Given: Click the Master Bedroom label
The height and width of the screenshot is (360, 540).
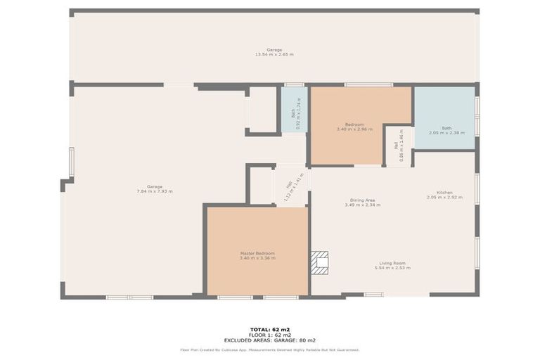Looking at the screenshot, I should [x=257, y=253].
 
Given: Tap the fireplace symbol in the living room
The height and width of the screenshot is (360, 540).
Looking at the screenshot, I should [x=321, y=263].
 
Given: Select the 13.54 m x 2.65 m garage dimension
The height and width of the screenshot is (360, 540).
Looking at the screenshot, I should [x=274, y=55].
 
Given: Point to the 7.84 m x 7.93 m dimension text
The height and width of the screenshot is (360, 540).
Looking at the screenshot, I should [x=155, y=191].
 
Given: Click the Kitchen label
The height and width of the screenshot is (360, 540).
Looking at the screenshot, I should [x=444, y=193].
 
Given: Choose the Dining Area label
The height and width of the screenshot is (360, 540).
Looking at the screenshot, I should [x=363, y=200].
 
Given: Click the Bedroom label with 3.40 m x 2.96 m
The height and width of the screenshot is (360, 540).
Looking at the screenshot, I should [x=354, y=124].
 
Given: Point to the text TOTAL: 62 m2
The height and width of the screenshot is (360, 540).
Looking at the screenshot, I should [x=270, y=329].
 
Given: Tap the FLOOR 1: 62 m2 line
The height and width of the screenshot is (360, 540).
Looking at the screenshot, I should [x=270, y=334].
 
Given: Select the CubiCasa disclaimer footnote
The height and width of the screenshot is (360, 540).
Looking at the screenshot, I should [x=270, y=349].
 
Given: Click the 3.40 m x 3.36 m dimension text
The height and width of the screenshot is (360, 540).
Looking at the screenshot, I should [x=257, y=258].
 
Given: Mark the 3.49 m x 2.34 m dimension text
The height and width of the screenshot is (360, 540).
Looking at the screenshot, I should [x=363, y=205].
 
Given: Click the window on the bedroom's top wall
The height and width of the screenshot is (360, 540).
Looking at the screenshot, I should [x=368, y=85].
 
